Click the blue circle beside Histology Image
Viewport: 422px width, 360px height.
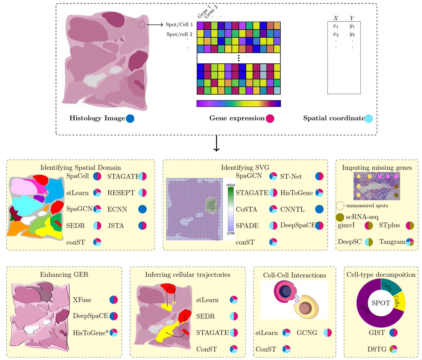pyautogui.click(x=130, y=119)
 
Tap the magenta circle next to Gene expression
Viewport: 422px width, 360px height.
pyautogui.click(x=270, y=119)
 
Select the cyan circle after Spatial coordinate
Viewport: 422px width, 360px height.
pyautogui.click(x=369, y=119)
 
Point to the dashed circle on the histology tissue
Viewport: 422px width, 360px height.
pyautogui.click(x=141, y=25)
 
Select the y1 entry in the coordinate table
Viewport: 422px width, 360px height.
pyautogui.click(x=352, y=26)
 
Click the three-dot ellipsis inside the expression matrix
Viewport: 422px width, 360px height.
pyautogui.click(x=238, y=58)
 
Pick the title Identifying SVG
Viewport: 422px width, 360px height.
pyautogui.click(x=245, y=168)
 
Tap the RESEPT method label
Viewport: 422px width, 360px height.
pyautogui.click(x=121, y=193)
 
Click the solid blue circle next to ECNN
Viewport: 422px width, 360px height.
pyautogui.click(x=142, y=209)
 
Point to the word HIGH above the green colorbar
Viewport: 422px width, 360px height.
pyautogui.click(x=231, y=185)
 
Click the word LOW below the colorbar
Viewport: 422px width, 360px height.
pyautogui.click(x=231, y=233)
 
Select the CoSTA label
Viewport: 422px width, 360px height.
pyautogui.click(x=246, y=209)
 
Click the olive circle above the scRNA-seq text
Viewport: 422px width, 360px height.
pyautogui.click(x=340, y=217)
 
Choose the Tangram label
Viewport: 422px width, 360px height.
pyautogui.click(x=392, y=242)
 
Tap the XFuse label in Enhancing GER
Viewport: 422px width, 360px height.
pyautogui.click(x=82, y=300)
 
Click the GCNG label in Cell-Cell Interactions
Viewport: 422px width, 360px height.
pyautogui.click(x=307, y=333)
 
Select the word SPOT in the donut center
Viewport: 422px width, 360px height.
pyautogui.click(x=381, y=303)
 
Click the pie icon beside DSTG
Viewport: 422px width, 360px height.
pyautogui.click(x=394, y=349)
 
